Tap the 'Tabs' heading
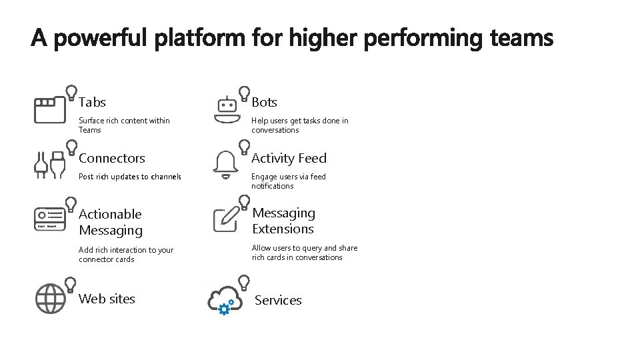click(92, 102)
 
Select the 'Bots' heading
click(264, 102)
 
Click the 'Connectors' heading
click(111, 158)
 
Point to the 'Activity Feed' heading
click(289, 158)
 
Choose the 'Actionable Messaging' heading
click(111, 222)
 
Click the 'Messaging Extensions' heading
click(283, 221)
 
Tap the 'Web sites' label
click(107, 299)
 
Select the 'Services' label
click(278, 300)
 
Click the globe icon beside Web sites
click(50, 298)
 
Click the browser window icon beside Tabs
click(50, 109)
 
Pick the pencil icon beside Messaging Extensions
click(227, 219)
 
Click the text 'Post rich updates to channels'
click(130, 177)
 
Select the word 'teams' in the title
click(521, 39)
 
